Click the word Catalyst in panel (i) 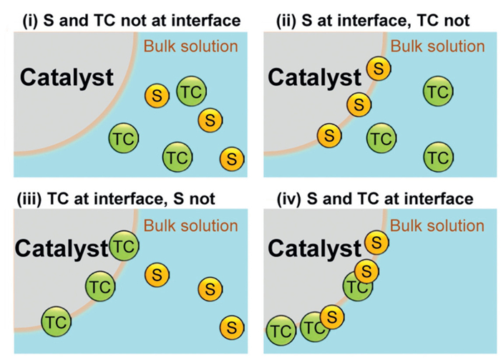67,77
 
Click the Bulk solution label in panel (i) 190,47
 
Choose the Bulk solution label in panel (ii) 438,47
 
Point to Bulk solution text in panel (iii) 190,226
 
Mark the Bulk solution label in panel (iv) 438,226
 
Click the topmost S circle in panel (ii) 379,69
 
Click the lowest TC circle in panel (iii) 57,321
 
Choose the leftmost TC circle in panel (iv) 281,331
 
